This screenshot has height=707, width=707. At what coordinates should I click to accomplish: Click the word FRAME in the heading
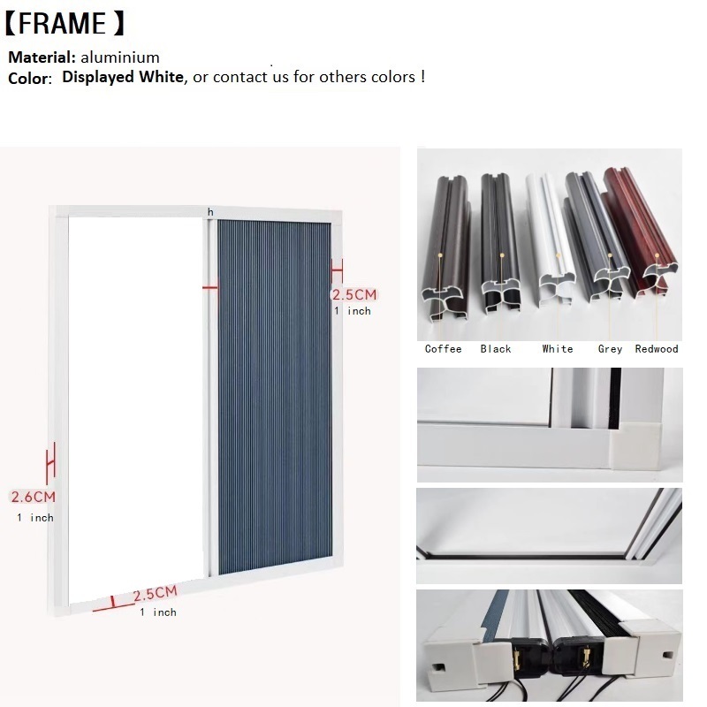[x=62, y=24]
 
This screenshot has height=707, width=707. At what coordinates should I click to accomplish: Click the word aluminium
[x=120, y=57]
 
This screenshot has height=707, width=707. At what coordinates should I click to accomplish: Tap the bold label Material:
[x=42, y=57]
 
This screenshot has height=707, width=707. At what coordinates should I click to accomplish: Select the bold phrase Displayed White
[x=123, y=77]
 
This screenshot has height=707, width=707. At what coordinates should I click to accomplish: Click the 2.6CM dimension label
[x=33, y=497]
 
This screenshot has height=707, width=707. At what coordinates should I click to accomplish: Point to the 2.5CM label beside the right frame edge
[x=354, y=295]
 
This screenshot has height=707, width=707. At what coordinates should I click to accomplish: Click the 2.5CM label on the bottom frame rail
[x=156, y=593]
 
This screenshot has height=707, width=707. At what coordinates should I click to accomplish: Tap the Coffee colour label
[x=444, y=349]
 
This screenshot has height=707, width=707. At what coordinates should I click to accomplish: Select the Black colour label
[x=496, y=349]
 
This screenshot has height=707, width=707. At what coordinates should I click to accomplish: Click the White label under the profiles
[x=558, y=349]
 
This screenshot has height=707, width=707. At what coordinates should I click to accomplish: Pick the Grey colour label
[x=610, y=349]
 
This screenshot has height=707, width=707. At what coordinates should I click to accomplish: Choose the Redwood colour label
[x=657, y=349]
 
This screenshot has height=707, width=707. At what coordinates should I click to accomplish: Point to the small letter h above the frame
[x=210, y=211]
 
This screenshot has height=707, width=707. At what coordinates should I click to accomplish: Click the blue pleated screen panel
[x=275, y=398]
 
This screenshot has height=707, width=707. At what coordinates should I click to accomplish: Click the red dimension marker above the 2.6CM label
[x=51, y=463]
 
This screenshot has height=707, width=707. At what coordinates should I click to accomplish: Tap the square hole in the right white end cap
[x=668, y=655]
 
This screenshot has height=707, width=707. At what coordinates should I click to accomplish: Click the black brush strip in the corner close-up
[x=614, y=399]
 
